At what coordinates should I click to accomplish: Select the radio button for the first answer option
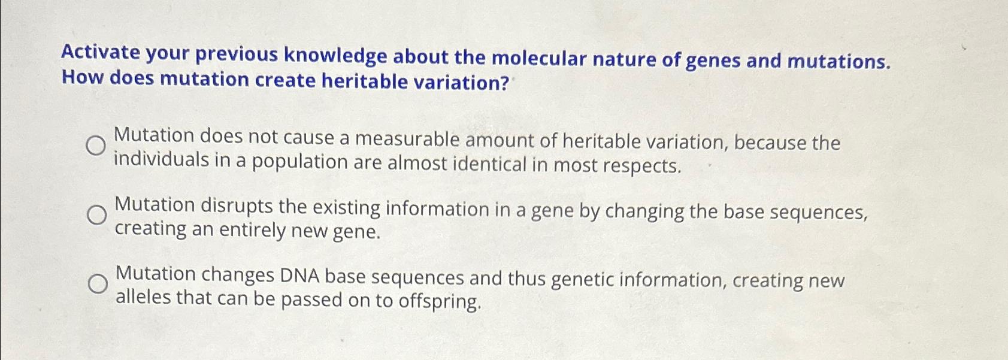96,145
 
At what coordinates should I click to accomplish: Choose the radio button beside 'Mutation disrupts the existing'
97,214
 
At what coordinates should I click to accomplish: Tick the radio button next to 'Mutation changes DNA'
98,283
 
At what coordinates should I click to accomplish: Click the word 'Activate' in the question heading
101,53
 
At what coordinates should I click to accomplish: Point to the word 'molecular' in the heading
539,59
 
